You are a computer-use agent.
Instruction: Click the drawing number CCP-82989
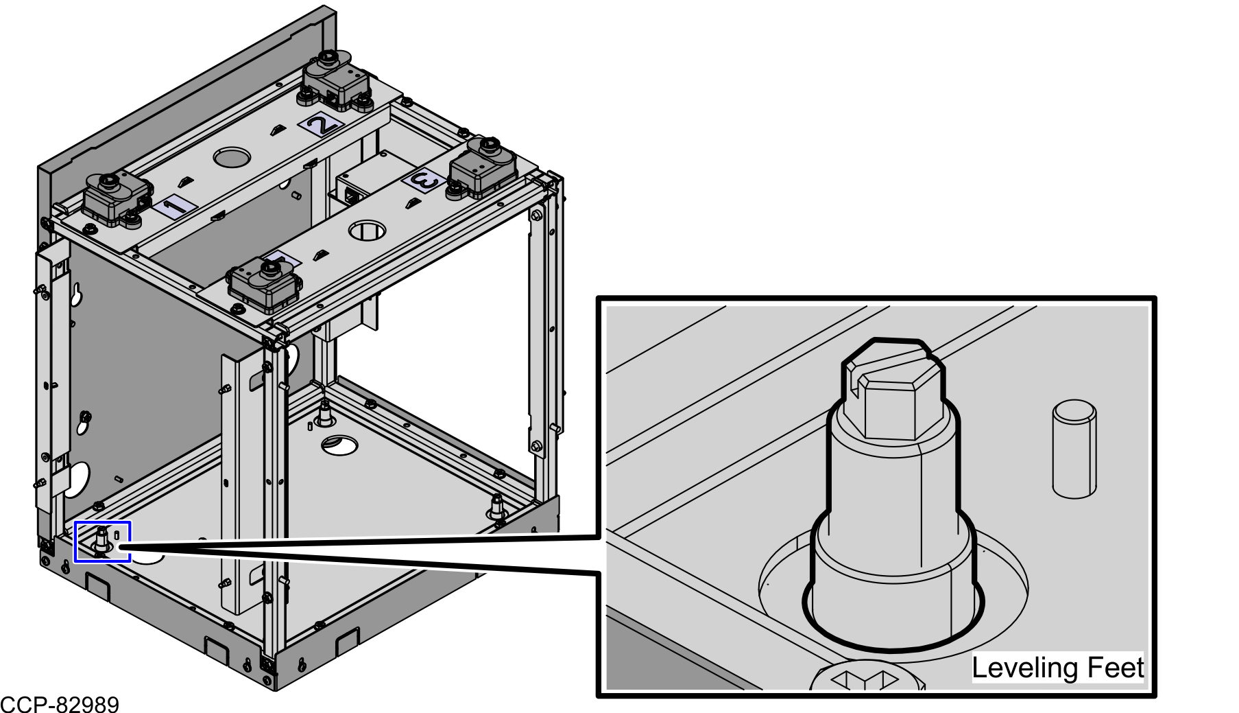click(60, 704)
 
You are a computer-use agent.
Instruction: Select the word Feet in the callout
click(1105, 668)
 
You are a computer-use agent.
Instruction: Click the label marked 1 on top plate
click(174, 206)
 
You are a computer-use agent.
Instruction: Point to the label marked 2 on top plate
click(321, 124)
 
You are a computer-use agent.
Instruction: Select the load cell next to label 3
click(482, 168)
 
